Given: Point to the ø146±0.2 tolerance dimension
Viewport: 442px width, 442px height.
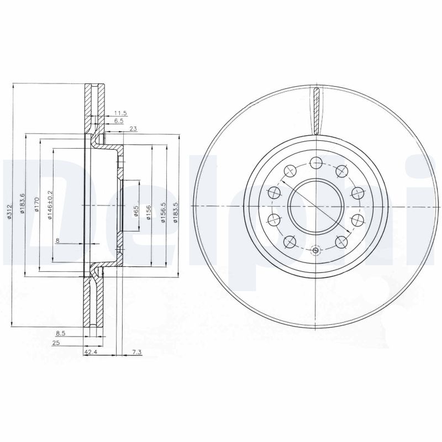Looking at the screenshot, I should click(50, 204).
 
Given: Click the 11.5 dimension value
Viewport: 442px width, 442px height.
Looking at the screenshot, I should click(120, 113).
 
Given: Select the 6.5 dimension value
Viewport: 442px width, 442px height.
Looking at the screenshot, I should click(119, 120).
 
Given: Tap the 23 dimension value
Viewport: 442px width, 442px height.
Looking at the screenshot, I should click(133, 129).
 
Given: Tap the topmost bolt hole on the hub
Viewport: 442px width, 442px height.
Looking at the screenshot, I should click(315, 162).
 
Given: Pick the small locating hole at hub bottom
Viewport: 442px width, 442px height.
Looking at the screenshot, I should click(315, 250).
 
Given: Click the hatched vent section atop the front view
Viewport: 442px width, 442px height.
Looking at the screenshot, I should click(316, 110).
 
